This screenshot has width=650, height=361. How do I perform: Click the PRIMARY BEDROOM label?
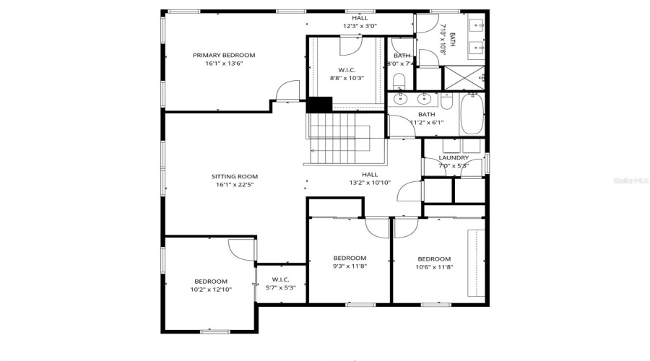(223, 55)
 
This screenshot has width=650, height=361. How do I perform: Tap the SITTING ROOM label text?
(234, 176)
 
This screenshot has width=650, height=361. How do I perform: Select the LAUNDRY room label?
(454, 157)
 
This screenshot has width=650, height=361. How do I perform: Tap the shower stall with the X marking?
(461, 78)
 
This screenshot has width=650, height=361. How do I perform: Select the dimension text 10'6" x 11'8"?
(434, 267)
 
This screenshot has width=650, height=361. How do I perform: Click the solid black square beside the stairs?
(318, 105)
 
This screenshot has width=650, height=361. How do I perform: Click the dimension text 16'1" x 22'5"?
(234, 185)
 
